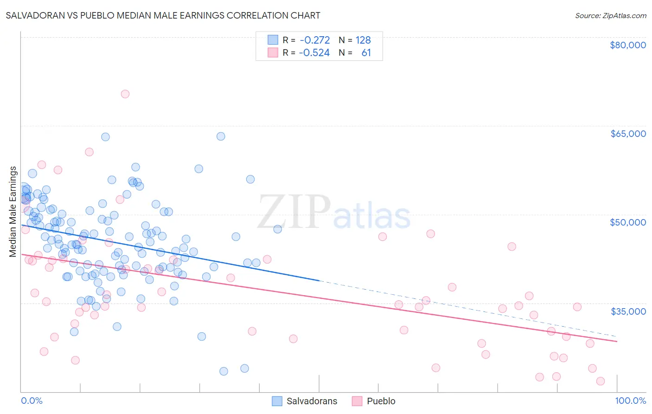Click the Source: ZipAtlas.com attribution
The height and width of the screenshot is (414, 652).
tap(610, 15)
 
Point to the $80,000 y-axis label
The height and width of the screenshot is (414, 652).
tap(627, 45)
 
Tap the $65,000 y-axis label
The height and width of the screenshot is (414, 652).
tap(627, 134)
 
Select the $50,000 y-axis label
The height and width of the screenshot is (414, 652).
tap(627, 222)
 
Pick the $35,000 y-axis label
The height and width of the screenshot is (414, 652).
tap(627, 311)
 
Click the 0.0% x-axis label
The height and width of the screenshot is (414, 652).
tap(32, 401)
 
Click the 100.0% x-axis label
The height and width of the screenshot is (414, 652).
tap(630, 401)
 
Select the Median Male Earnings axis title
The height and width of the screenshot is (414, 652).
tap(13, 211)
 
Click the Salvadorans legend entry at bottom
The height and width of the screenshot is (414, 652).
tap(311, 401)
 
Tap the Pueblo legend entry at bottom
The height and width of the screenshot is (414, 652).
tap(381, 401)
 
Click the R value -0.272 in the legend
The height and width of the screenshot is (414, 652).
tap(314, 40)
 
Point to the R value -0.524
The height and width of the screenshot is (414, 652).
tap(314, 53)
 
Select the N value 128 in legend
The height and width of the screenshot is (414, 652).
tap(363, 40)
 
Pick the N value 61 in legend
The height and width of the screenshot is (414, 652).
tap(366, 53)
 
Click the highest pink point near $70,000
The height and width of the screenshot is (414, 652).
tap(125, 94)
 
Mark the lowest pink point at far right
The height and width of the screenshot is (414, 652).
tap(600, 381)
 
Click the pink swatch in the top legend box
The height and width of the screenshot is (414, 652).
tap(273, 52)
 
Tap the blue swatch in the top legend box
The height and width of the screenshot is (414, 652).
tap(273, 40)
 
